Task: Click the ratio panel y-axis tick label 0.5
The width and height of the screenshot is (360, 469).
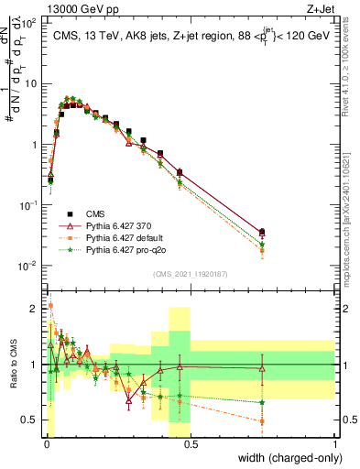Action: pyautogui.click(x=33, y=420)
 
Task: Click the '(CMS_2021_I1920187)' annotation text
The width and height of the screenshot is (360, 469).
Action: pyautogui.click(x=190, y=274)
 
